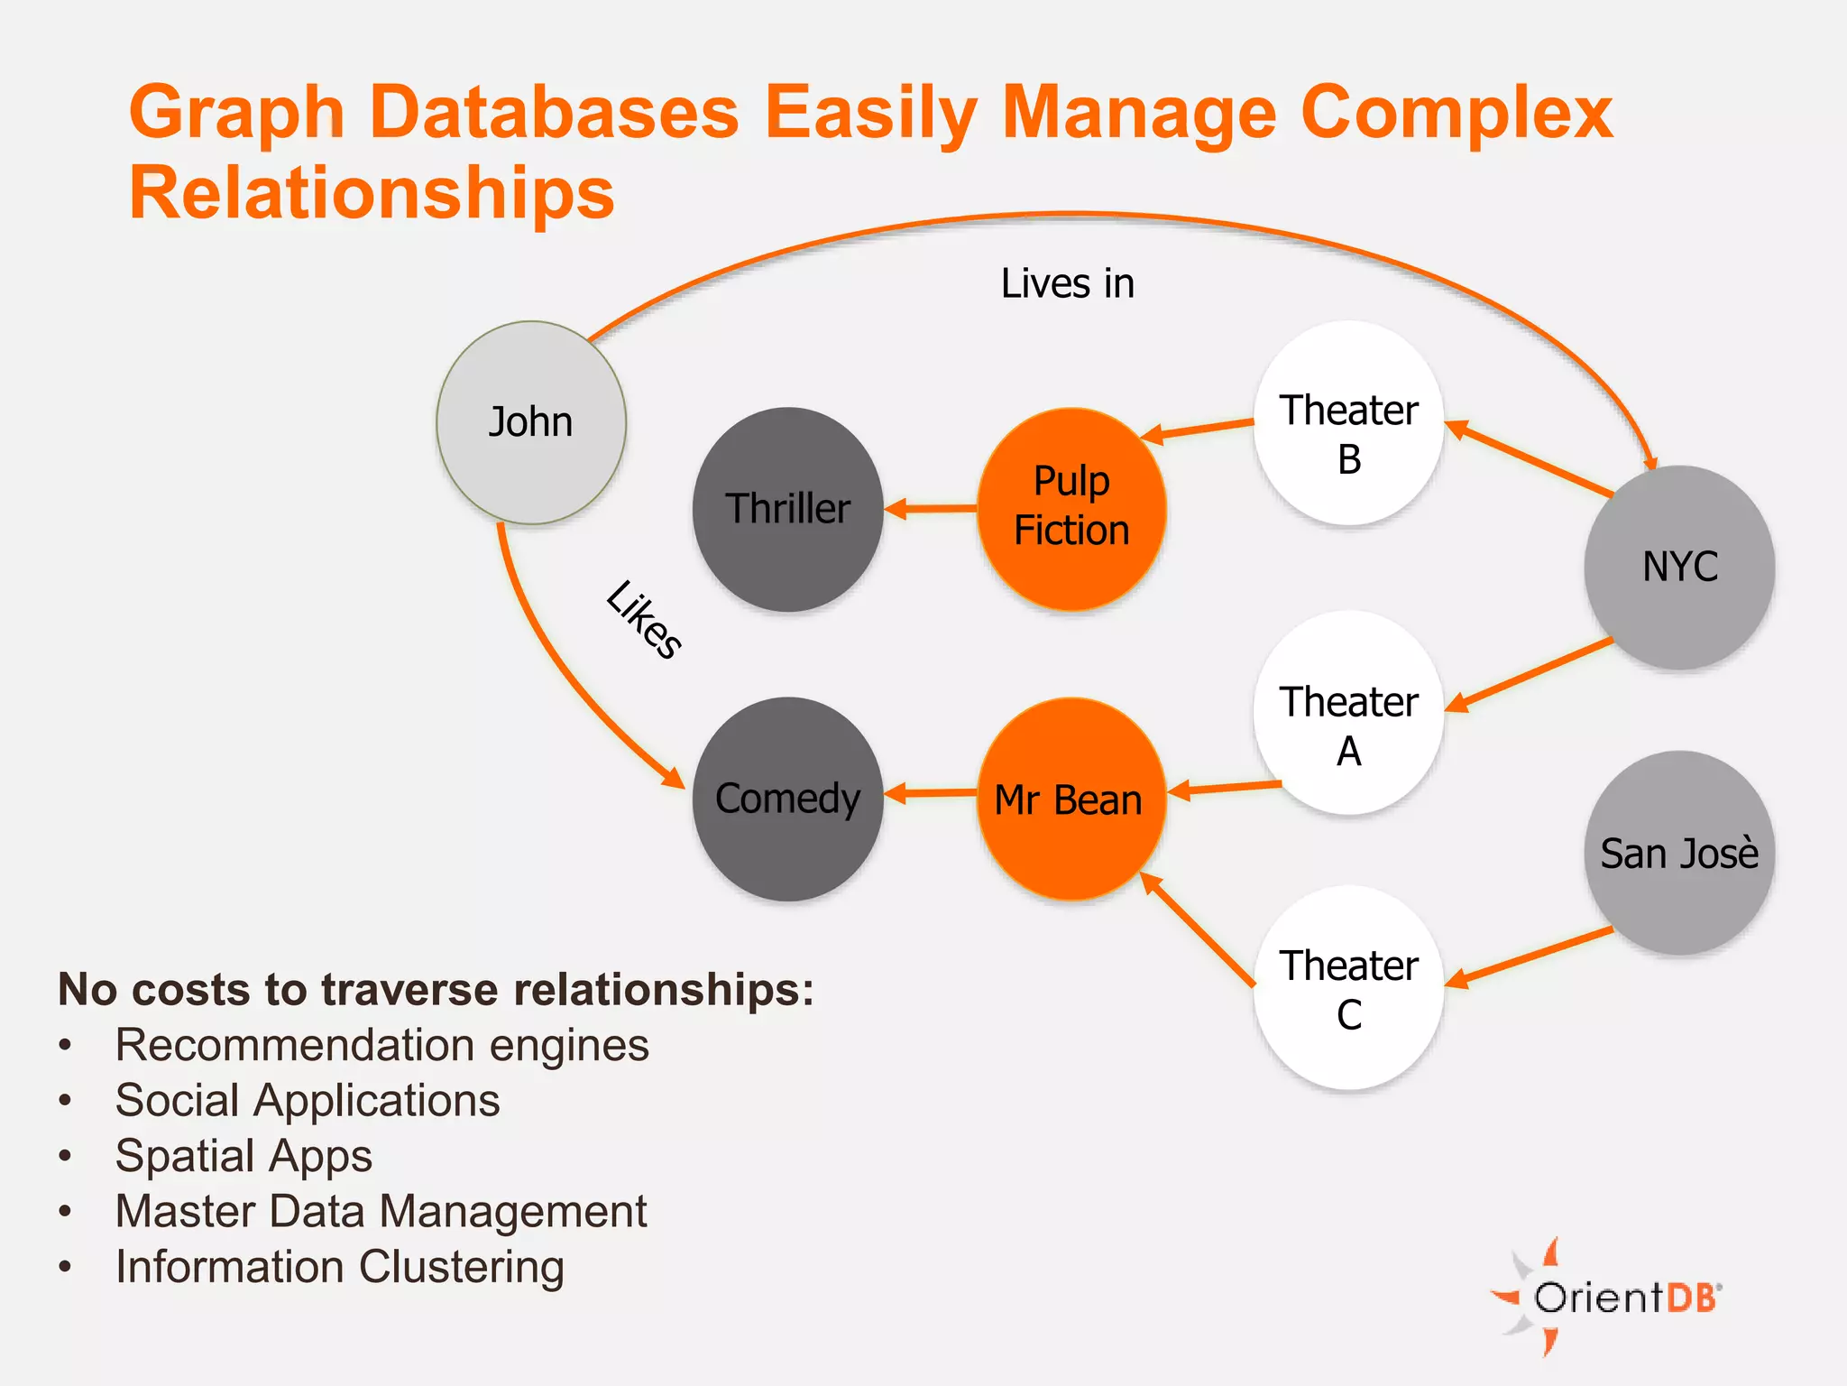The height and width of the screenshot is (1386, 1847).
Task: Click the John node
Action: tap(531, 422)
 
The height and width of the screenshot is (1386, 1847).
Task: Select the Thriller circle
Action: tap(787, 509)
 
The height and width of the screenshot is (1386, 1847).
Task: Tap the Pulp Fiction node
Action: tap(1071, 508)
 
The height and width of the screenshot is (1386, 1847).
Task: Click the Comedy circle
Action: tap(787, 799)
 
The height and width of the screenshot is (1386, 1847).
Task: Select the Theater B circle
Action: tap(1348, 422)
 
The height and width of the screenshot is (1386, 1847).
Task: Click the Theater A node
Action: tap(1348, 713)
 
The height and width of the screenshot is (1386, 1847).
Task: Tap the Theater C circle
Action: tap(1348, 988)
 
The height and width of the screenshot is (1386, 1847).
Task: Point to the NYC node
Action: tap(1679, 567)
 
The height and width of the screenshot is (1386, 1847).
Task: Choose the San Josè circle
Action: tap(1679, 853)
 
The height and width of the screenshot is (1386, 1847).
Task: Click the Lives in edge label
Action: tap(1067, 283)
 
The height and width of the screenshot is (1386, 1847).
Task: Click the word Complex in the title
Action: tap(1456, 113)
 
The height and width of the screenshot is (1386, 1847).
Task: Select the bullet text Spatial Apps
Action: tap(244, 1156)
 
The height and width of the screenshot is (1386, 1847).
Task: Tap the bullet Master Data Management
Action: tap(381, 1211)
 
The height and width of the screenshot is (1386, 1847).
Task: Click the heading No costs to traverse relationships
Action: tap(436, 989)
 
